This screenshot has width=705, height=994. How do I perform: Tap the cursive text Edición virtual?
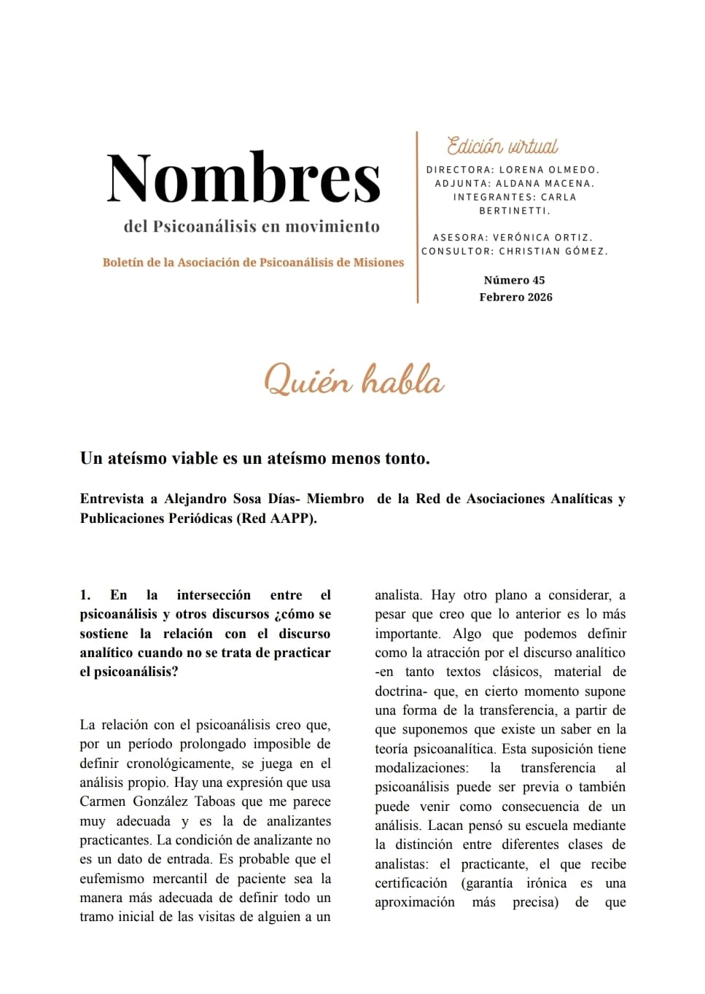click(x=502, y=146)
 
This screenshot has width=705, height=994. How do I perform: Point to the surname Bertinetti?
click(x=514, y=211)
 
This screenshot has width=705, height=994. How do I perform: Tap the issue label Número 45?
click(x=514, y=280)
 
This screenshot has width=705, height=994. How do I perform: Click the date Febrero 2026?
click(x=515, y=297)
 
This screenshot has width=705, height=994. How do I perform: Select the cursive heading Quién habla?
click(x=354, y=381)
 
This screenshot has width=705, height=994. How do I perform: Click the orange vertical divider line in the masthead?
click(x=417, y=217)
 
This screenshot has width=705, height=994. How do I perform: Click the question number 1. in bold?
click(x=85, y=595)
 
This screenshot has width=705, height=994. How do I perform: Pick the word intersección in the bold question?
click(x=214, y=595)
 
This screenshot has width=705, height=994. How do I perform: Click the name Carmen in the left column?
click(x=104, y=801)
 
